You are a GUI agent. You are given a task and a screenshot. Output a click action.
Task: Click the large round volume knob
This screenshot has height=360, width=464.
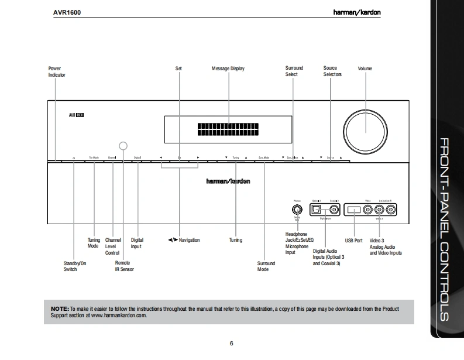tap(365, 128)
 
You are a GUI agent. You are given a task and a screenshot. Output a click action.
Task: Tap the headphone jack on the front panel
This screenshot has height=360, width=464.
tap(297, 208)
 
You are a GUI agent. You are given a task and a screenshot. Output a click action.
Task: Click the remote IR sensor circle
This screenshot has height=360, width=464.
tap(123, 146)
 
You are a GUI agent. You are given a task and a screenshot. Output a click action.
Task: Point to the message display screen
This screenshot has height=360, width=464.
tap(229, 128)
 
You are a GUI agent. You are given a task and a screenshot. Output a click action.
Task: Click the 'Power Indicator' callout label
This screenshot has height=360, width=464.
tap(56, 72)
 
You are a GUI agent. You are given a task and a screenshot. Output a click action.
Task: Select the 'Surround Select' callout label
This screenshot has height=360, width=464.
tap(295, 71)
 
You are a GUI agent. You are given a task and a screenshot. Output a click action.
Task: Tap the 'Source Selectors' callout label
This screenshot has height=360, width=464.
tap(332, 71)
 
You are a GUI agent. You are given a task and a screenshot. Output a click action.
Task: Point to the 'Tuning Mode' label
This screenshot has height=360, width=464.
tap(94, 242)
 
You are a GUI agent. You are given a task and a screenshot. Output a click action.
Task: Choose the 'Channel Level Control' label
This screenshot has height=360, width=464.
tap(113, 246)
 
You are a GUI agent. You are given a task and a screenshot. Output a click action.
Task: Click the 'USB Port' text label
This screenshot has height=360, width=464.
tap(353, 241)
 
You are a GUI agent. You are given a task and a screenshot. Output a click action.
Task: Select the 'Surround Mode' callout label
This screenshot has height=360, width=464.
tap(266, 266)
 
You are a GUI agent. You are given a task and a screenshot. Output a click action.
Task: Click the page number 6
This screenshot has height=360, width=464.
tap(232, 343)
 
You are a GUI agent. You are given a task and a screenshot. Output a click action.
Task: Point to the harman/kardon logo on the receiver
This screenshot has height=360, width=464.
tap(228, 181)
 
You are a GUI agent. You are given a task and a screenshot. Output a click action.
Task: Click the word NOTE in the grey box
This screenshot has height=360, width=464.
tap(60, 308)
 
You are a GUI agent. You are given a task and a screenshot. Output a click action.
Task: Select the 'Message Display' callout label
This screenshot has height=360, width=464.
tap(228, 69)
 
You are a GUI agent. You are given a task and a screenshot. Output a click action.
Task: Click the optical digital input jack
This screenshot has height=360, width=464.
tap(317, 208)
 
